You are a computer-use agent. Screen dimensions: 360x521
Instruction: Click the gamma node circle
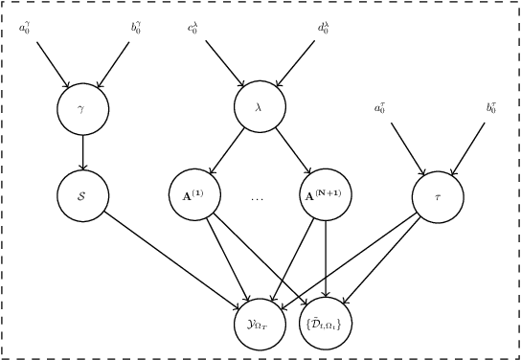82,108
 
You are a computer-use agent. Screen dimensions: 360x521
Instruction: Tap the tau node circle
438,196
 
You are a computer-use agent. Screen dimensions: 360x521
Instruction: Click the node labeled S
82,196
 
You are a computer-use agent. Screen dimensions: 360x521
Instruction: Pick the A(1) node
194,195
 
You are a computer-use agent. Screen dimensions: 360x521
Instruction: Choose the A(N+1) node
326,195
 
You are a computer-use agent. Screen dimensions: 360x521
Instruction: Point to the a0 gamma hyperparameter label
27,27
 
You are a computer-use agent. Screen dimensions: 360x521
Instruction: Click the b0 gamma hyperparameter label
138,27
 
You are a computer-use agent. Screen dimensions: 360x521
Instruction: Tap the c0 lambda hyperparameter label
193,27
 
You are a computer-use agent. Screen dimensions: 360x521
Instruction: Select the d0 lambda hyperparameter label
325,27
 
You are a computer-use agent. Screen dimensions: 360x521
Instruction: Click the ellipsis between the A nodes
258,199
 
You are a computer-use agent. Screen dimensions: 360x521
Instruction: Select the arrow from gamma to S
82,152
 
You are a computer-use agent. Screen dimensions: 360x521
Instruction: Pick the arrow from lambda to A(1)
227,151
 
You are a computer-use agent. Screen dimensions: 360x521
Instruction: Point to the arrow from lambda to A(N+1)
292,151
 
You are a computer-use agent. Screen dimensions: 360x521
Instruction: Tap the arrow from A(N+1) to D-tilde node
326,259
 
